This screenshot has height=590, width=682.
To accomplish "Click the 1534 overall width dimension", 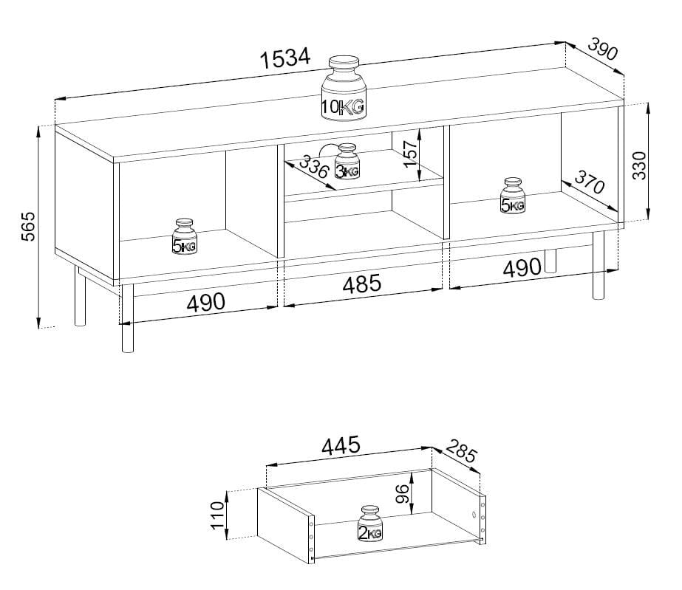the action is click(x=286, y=58).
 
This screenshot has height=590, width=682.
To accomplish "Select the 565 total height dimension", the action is click(x=28, y=226).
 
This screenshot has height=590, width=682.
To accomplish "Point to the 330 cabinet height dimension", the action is click(x=639, y=165).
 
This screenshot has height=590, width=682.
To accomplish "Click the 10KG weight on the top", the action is click(x=344, y=89).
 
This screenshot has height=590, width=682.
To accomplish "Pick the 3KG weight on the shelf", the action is click(x=347, y=161).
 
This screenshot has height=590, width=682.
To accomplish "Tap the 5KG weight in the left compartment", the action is click(x=185, y=236).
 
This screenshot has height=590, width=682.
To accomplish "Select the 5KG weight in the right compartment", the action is click(x=513, y=196).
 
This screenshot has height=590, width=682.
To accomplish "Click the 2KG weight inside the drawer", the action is click(x=369, y=524).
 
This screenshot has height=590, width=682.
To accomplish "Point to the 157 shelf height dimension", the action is click(x=410, y=154).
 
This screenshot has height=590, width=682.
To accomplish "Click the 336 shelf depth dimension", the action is click(x=313, y=168).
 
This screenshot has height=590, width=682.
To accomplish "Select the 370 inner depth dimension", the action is click(x=590, y=182).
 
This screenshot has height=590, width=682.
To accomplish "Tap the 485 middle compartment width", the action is click(x=362, y=284).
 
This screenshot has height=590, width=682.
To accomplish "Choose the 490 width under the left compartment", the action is click(x=205, y=302).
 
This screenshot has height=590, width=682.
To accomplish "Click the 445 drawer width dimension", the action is click(x=341, y=445).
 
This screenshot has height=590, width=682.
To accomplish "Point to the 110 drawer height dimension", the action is click(x=217, y=515).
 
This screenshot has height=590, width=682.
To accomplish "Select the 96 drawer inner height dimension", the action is click(x=403, y=493).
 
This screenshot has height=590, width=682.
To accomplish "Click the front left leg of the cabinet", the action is click(x=127, y=318).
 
